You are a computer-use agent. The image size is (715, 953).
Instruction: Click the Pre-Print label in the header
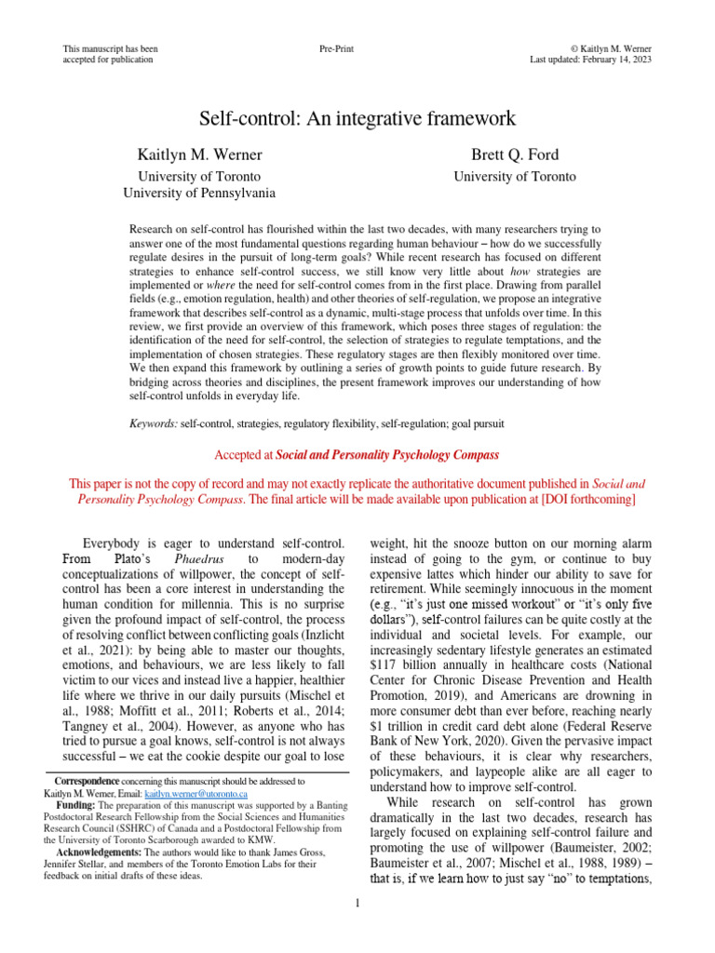pos(336,47)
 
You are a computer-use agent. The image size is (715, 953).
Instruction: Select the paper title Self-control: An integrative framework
pos(357,118)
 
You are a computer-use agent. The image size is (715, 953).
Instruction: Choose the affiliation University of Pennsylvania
pos(199,193)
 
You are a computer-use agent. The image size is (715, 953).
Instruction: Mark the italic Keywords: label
pos(154,423)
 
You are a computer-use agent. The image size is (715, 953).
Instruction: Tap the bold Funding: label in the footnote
pos(78,804)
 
